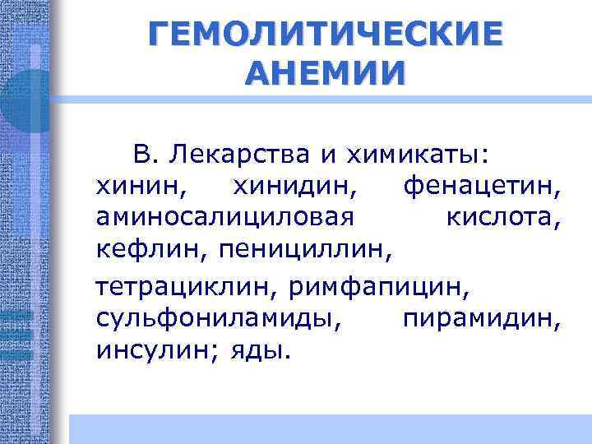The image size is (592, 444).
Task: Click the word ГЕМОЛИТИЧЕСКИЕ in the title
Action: coord(325,36)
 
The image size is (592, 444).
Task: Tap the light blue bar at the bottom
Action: coord(329,428)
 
